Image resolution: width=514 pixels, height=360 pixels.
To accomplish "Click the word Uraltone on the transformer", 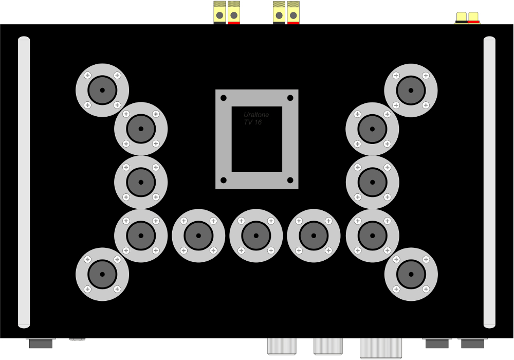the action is (256, 115).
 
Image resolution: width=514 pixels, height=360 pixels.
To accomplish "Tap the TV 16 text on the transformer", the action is (253, 122).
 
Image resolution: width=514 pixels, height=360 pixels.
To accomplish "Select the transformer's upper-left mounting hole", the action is (224, 98).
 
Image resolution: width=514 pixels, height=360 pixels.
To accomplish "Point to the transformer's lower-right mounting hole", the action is (290, 180).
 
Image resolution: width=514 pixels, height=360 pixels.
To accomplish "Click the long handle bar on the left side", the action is (24, 182).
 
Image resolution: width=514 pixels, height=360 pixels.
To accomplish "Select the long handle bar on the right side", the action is (489, 182).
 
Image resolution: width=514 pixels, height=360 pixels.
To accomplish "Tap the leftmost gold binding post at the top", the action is (219, 12).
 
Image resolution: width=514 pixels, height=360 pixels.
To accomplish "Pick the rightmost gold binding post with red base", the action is (293, 12).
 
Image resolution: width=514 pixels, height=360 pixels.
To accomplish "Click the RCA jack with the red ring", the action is (473, 18).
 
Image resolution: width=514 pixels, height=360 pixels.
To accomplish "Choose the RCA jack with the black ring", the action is (461, 18).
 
